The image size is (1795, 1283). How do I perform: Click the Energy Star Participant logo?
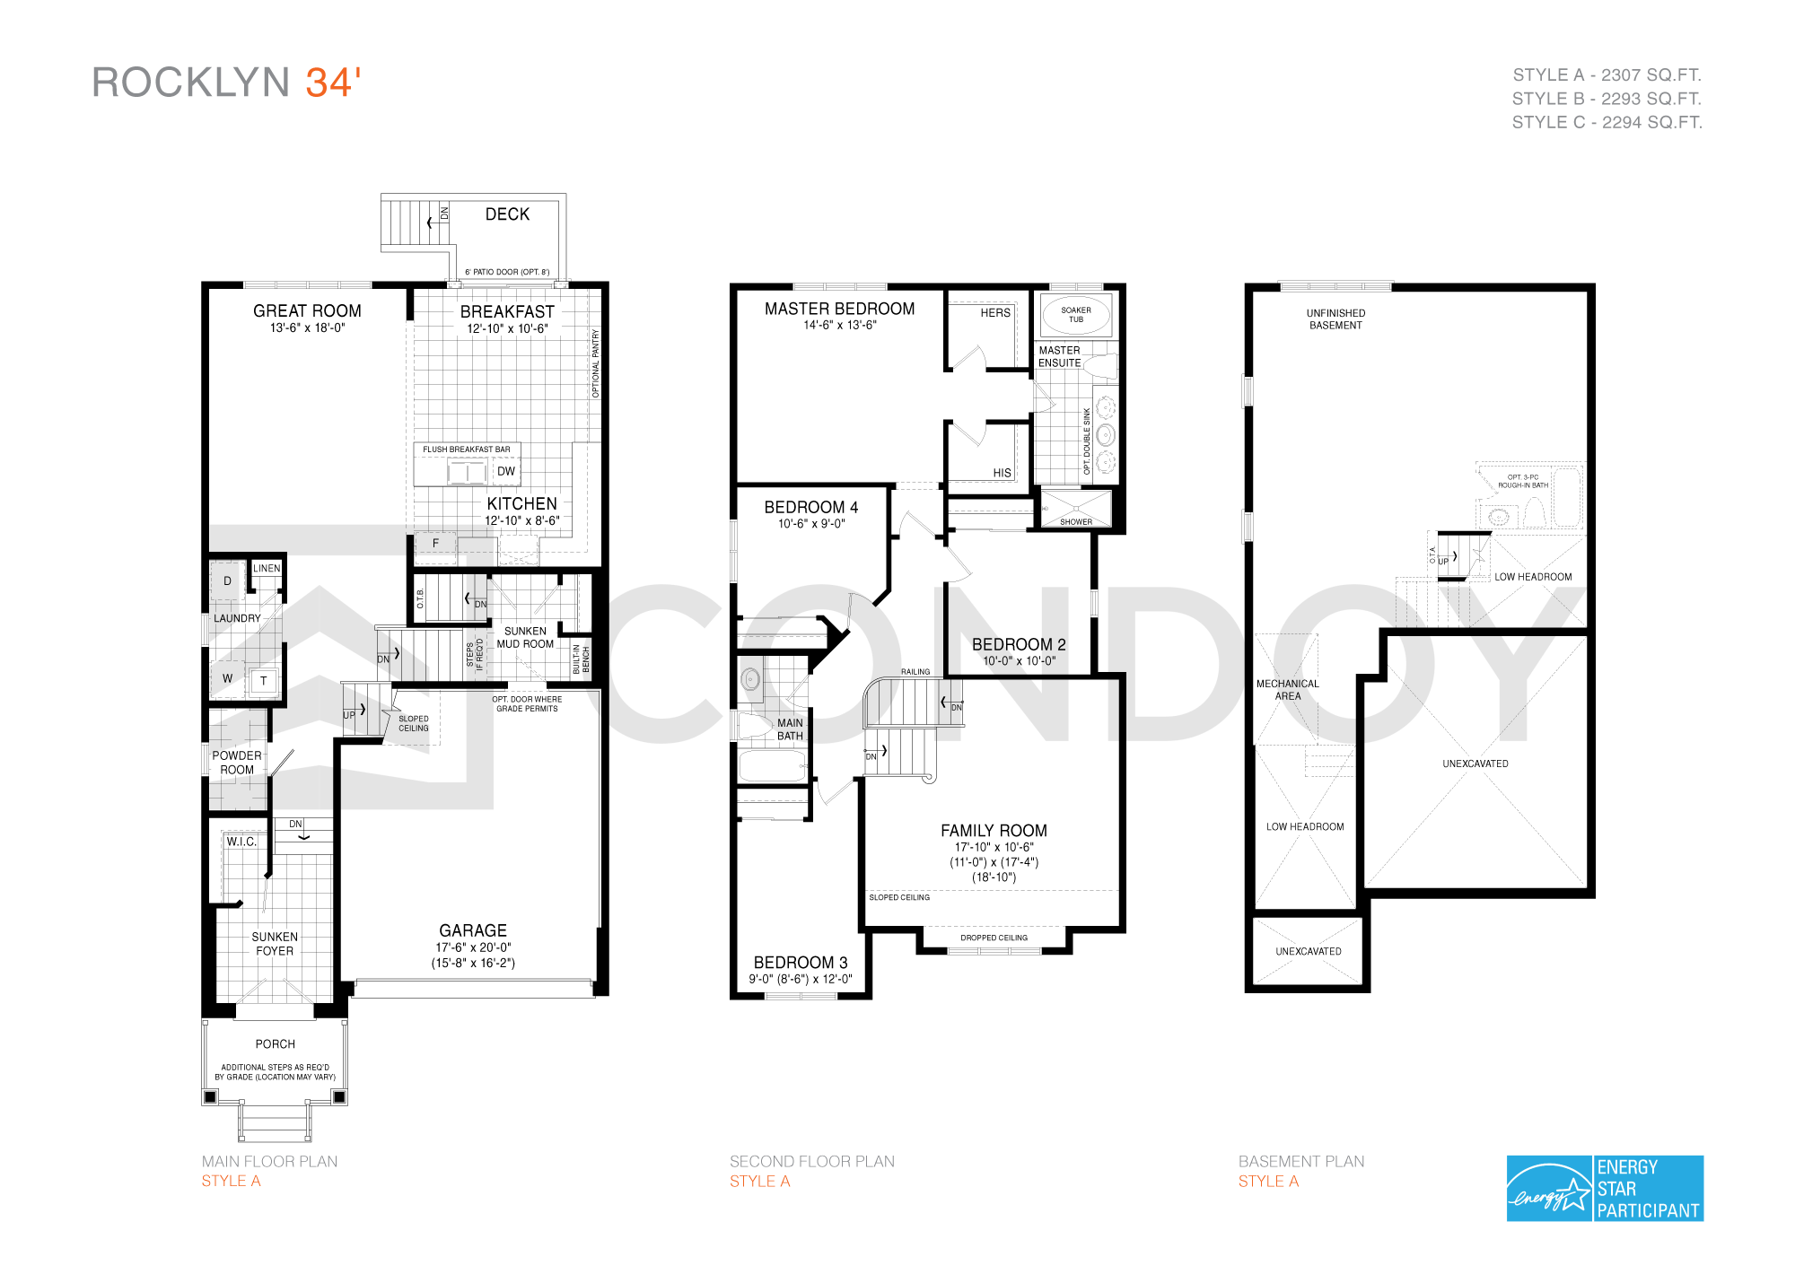pos(1605,1188)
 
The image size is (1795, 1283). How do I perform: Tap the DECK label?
pos(507,214)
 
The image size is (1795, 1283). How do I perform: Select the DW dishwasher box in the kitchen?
pos(506,471)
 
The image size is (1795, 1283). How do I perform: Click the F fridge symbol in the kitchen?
pos(435,544)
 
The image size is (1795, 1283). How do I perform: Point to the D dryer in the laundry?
pos(227,581)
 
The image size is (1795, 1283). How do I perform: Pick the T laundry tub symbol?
pos(263,681)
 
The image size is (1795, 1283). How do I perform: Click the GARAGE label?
pos(473,930)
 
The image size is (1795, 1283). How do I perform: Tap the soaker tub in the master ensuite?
pos(1076,315)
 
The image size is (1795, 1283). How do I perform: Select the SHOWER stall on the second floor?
pos(1076,508)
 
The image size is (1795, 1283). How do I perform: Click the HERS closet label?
pos(995,312)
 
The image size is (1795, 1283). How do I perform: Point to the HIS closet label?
pos(1002,473)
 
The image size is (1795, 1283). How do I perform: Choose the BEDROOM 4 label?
pos(811,507)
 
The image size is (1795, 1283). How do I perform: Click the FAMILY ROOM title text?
pos(994,831)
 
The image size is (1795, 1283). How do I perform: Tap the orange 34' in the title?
pos(333,83)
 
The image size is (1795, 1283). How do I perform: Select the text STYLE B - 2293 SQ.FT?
pos(1607,99)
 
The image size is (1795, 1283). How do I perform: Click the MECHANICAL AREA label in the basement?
pos(1287,690)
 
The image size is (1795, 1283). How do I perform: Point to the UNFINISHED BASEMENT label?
pos(1335,319)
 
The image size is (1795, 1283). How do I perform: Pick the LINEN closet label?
pos(267,568)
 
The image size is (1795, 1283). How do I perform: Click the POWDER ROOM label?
pos(237,763)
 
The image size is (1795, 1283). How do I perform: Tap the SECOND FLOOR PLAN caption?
pos(812,1161)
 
